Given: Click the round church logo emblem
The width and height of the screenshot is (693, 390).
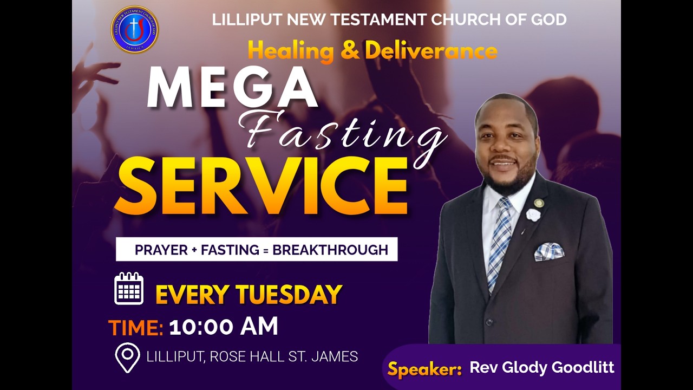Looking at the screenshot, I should tap(134, 30).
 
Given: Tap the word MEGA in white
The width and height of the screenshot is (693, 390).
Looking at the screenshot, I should tap(232, 88).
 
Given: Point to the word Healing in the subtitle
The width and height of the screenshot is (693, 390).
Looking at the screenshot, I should tap(291, 50).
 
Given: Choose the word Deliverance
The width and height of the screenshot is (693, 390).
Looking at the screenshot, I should tap(431, 50).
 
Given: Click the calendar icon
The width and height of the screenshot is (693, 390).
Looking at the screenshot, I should tap(129, 289).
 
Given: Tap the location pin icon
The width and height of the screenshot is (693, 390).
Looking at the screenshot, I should tap(127, 357).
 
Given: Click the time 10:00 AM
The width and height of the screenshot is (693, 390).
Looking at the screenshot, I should tap(224, 327).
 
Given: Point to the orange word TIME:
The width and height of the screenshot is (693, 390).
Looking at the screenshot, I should tap(136, 328).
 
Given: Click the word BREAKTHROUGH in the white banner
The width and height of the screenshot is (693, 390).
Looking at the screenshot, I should tap(330, 250).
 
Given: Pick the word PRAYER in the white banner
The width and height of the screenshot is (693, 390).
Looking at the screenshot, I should tap(160, 250).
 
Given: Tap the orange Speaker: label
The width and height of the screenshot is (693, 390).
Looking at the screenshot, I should tap(424, 369).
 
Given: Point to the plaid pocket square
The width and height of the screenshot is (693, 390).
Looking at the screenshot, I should tap(549, 252).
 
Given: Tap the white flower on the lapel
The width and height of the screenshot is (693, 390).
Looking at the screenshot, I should tap(533, 215).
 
